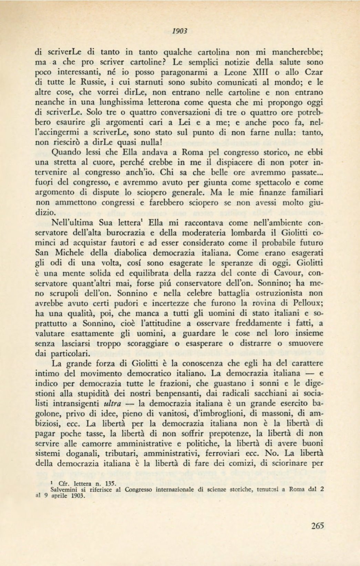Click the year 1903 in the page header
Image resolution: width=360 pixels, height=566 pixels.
179,31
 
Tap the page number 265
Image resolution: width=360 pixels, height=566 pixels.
317,526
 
